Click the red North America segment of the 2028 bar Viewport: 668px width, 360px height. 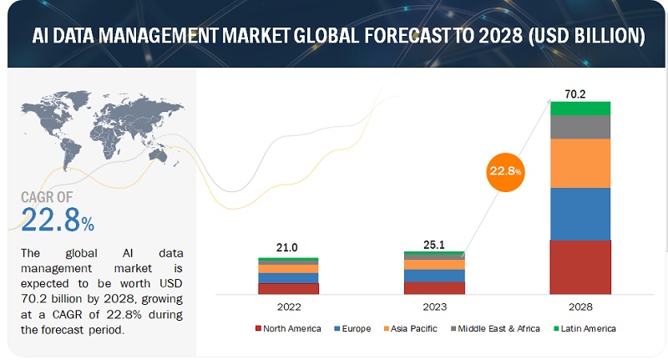point(579,266)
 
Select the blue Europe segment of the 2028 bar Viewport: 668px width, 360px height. point(579,214)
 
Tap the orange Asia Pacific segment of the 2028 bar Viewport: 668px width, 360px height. point(579,163)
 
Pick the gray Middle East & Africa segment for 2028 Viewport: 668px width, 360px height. point(579,127)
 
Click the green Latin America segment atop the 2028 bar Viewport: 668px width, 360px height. point(579,109)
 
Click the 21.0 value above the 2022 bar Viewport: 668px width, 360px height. point(288,248)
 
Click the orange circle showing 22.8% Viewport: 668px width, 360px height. point(506,171)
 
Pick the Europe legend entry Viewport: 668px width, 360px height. point(356,328)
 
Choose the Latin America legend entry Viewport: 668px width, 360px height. point(584,328)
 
